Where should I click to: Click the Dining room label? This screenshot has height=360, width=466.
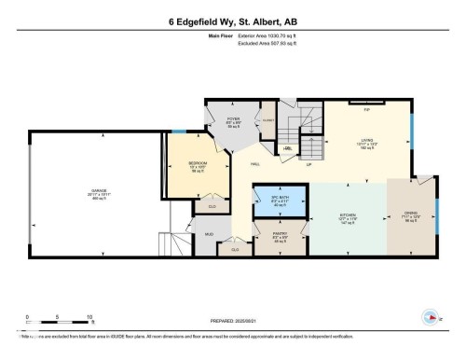pyautogui.click(x=411, y=215)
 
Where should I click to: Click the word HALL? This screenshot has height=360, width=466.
pyautogui.click(x=254, y=164)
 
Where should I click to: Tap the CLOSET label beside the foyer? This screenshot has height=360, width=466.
pyautogui.click(x=267, y=118)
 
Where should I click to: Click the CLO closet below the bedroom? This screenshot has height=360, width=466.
pyautogui.click(x=212, y=206)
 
